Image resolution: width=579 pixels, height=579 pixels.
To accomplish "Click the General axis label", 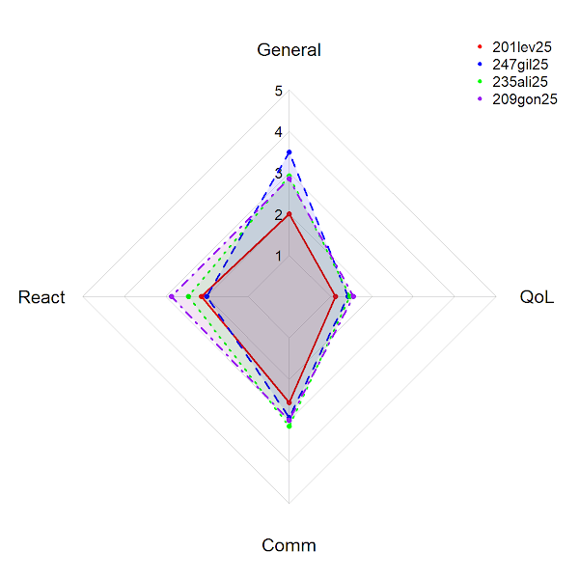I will (289, 50).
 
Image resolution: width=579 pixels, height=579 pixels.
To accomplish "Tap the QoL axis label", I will (537, 297).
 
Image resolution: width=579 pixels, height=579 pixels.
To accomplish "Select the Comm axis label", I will (289, 546).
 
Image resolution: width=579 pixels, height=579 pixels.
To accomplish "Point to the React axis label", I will (41, 297).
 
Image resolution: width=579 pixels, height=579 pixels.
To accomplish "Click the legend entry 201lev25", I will (521, 46).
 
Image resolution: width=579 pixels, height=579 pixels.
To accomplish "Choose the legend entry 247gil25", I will (521, 64).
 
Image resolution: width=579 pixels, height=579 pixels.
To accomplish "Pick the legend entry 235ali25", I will (521, 81).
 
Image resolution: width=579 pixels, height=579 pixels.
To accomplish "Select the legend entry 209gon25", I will (524, 98).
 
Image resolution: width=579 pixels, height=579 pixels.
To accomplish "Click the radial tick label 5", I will (278, 92).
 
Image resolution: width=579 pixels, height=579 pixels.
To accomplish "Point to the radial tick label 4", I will (278, 132).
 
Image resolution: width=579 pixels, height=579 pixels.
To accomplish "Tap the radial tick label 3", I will (278, 174).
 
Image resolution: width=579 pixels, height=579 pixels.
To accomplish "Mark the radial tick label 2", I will (278, 215).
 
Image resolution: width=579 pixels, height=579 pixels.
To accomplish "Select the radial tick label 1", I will (278, 256).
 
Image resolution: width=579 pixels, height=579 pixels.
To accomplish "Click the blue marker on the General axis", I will (289, 152).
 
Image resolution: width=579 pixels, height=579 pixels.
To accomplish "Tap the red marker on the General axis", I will (289, 214).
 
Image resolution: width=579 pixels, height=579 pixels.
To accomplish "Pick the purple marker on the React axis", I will (171, 297).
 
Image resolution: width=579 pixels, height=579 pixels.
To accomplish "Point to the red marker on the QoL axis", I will (335, 297).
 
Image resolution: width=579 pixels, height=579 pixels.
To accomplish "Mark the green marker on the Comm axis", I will (289, 426).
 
